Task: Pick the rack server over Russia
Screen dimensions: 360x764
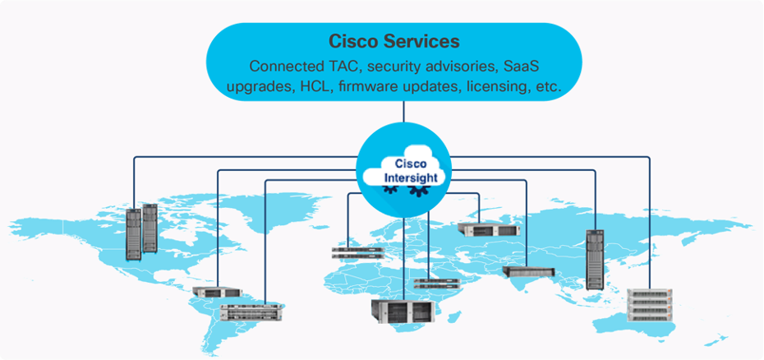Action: (485, 229)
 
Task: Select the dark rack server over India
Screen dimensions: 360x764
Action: (528, 271)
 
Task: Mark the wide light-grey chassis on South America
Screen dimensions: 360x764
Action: (251, 312)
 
